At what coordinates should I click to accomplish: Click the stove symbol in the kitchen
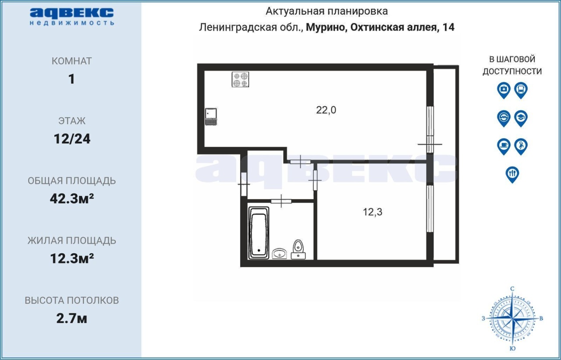pyautogui.click(x=240, y=80)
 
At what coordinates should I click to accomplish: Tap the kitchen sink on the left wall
pyautogui.click(x=211, y=116)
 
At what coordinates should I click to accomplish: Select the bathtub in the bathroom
pyautogui.click(x=259, y=233)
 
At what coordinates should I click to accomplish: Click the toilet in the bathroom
pyautogui.click(x=298, y=250)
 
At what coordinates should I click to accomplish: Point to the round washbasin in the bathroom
pyautogui.click(x=280, y=254)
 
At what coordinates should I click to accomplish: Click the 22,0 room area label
pyautogui.click(x=326, y=110)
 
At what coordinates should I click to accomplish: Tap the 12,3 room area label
pyautogui.click(x=373, y=212)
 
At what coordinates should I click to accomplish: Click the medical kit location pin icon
pyautogui.click(x=504, y=90)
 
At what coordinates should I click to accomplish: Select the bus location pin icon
pyautogui.click(x=521, y=90)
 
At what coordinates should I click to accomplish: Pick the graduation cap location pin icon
pyautogui.click(x=521, y=118)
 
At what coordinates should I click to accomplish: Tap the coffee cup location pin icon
pyautogui.click(x=504, y=146)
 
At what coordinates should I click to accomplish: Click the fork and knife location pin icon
pyautogui.click(x=512, y=175)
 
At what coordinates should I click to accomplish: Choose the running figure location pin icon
pyautogui.click(x=521, y=146)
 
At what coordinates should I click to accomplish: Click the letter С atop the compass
pyautogui.click(x=512, y=289)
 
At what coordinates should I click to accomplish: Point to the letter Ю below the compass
pyautogui.click(x=512, y=349)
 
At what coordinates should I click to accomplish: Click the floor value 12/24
pyautogui.click(x=72, y=139)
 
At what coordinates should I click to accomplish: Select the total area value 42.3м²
pyautogui.click(x=72, y=199)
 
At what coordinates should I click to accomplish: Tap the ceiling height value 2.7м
pyautogui.click(x=71, y=318)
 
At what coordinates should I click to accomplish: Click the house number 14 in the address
pyautogui.click(x=448, y=27)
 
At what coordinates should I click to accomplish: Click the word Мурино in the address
pyautogui.click(x=326, y=27)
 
